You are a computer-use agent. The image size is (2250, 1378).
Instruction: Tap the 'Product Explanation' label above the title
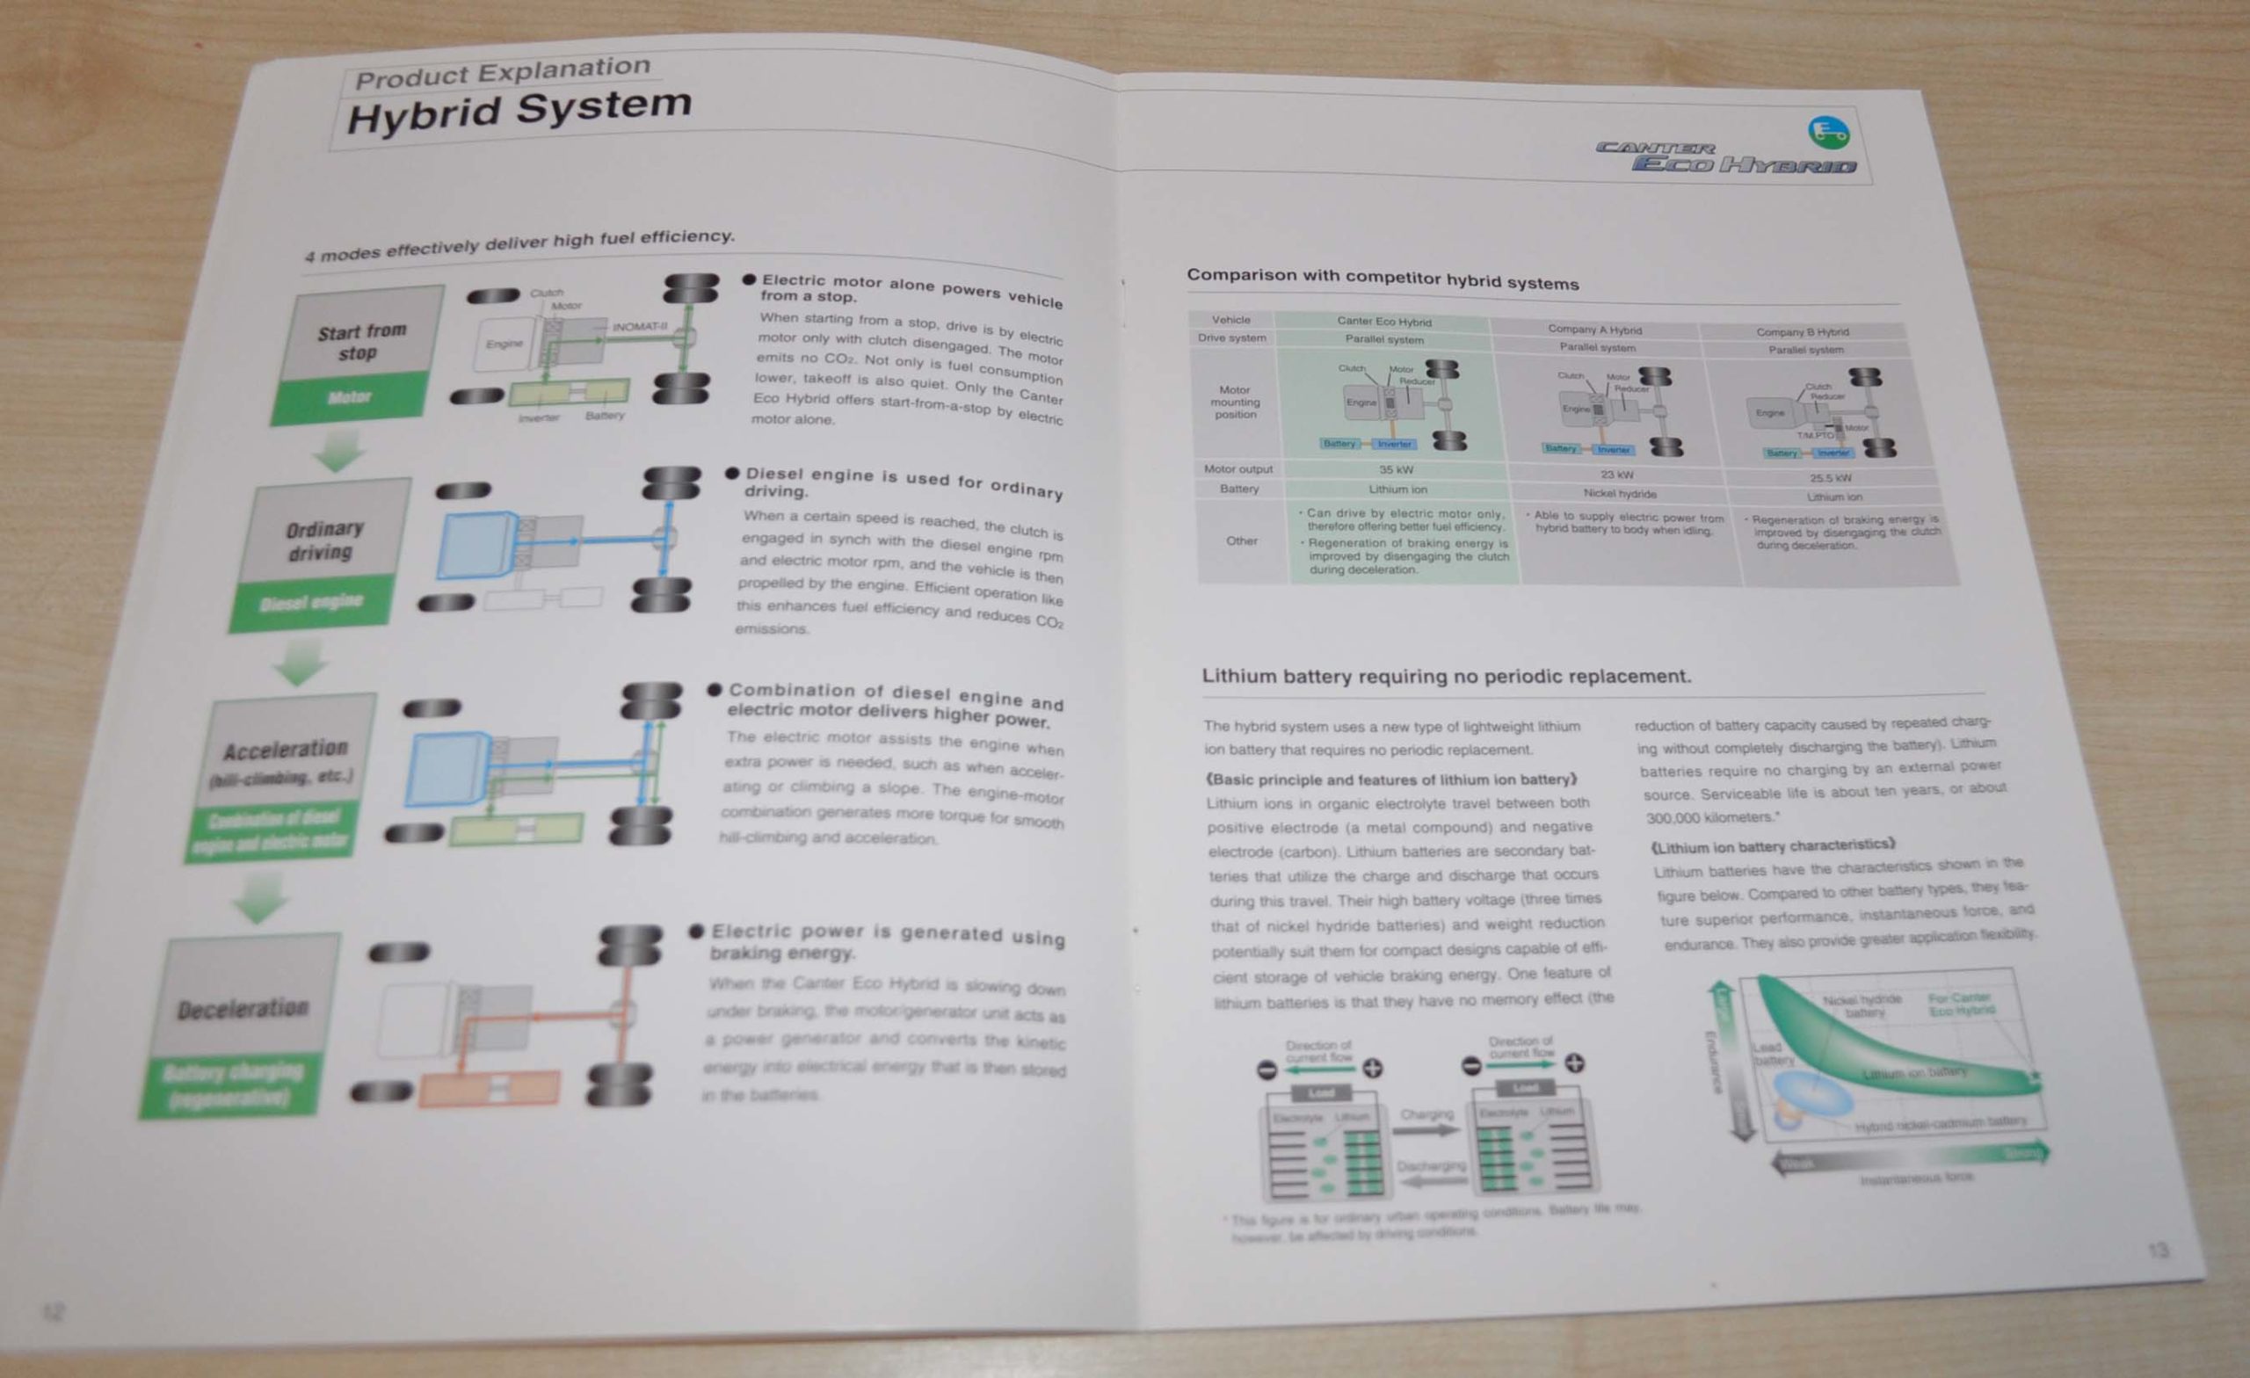tap(502, 71)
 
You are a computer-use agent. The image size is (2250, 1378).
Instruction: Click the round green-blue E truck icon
tap(1828, 134)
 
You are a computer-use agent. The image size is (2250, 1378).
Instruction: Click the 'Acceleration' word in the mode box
tap(286, 750)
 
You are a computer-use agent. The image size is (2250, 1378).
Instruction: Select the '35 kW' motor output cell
tap(1397, 469)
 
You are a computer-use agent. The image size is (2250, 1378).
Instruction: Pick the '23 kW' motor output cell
tap(1616, 475)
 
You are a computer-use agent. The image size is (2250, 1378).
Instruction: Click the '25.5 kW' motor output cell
tap(1830, 477)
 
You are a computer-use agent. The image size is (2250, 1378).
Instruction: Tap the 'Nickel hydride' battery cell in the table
tap(1619, 494)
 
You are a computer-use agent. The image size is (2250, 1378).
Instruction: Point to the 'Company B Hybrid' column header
tap(1802, 332)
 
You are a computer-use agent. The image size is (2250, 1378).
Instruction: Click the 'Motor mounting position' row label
tap(1235, 402)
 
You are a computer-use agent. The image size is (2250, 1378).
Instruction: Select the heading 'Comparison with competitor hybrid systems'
tap(1382, 279)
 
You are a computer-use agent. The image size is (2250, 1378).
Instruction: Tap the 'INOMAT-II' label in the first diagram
tap(639, 326)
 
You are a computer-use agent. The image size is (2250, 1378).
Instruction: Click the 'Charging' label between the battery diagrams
tap(1426, 1115)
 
